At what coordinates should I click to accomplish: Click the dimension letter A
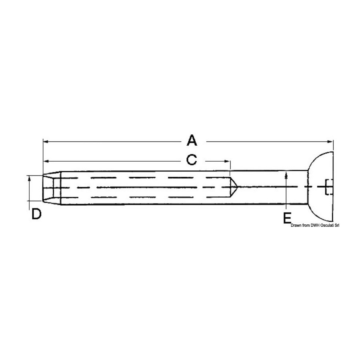[x=192, y=140]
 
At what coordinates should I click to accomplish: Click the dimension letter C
[x=192, y=160]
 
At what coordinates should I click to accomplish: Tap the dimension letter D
[x=36, y=214]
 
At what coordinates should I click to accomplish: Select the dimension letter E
[x=287, y=218]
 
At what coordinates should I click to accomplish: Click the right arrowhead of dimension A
[x=331, y=142]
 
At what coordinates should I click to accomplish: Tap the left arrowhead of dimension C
[x=46, y=161]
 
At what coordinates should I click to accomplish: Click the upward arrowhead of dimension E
[x=286, y=175]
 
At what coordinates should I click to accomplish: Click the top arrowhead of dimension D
[x=29, y=178]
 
